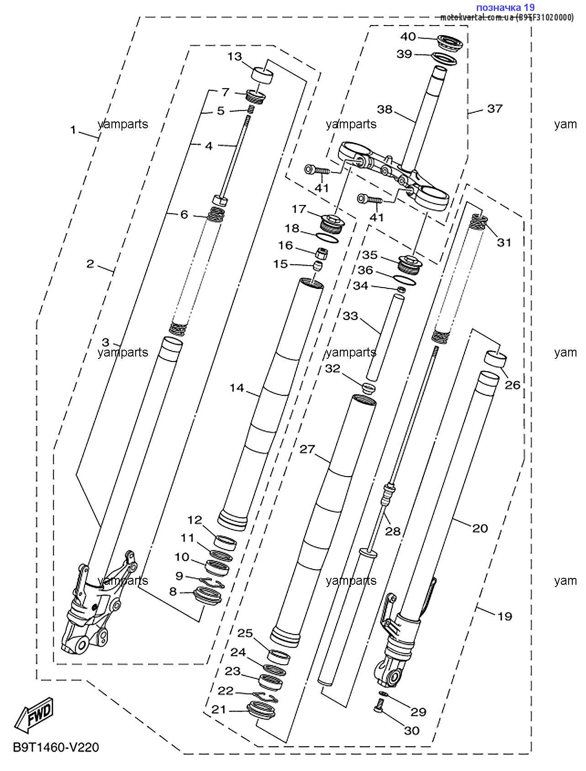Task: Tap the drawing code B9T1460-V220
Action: (x=55, y=747)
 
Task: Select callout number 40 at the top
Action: (x=409, y=37)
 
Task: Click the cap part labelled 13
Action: (x=262, y=75)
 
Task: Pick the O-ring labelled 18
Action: (x=328, y=237)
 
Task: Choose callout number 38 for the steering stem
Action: (x=385, y=109)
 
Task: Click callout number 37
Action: (x=494, y=109)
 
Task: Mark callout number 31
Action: (x=504, y=242)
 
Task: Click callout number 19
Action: (x=504, y=616)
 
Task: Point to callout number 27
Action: (x=307, y=449)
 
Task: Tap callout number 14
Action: (x=237, y=388)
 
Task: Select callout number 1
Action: (x=73, y=130)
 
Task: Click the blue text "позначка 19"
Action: (x=505, y=7)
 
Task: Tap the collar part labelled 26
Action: (x=495, y=359)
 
